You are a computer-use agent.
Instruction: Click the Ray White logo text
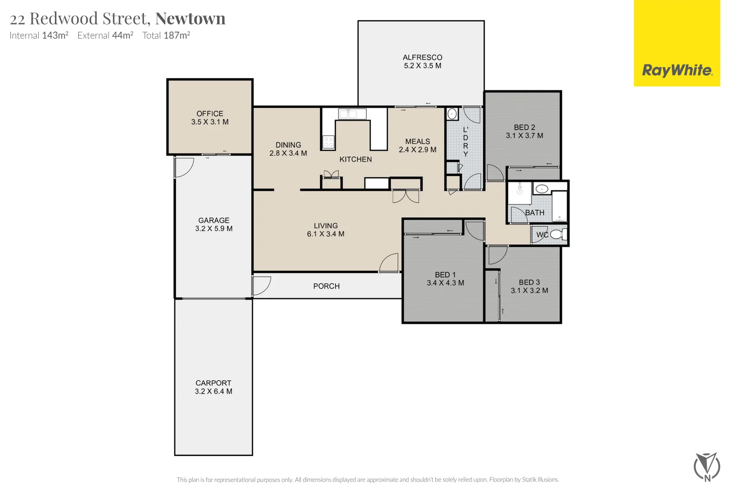[676, 70]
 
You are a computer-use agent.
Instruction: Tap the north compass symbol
[706, 466]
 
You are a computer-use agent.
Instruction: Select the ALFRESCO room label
[422, 57]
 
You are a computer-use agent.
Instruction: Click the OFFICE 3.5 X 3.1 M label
[209, 118]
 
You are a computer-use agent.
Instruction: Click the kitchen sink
[352, 114]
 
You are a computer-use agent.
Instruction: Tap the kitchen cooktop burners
[328, 142]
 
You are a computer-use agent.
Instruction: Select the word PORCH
[326, 286]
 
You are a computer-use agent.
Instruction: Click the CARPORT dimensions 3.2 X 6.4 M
[214, 391]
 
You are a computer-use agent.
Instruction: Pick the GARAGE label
[214, 220]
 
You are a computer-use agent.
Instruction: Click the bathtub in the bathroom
[559, 206]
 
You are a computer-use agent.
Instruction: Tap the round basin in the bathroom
[541, 189]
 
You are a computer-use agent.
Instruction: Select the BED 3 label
[529, 282]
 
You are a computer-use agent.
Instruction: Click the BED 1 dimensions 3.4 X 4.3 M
[445, 283]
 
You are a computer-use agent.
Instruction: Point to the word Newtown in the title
[190, 19]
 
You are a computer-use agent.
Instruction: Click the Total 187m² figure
[166, 35]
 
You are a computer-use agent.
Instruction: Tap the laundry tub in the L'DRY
[452, 114]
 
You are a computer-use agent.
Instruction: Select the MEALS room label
[418, 141]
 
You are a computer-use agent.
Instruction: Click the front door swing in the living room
[390, 263]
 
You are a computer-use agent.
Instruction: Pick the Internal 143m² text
[39, 35]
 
